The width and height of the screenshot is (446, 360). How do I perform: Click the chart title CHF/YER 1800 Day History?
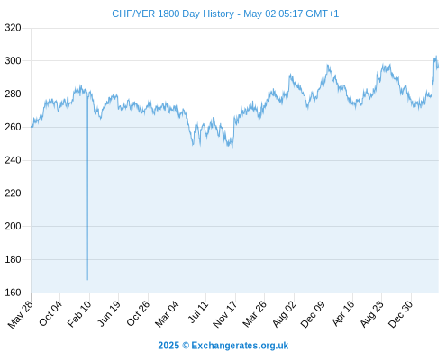coord(173,13)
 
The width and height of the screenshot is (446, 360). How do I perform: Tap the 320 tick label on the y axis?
coord(13,28)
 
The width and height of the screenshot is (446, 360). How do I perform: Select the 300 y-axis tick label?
coord(13,61)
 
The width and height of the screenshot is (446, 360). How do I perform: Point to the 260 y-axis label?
coord(13,127)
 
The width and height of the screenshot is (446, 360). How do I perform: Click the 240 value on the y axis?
coord(13,160)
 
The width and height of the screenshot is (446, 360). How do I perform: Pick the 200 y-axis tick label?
coord(13,226)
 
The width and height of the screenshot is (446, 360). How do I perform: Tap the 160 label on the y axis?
coord(13,292)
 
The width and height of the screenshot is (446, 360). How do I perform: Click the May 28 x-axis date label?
coord(21,314)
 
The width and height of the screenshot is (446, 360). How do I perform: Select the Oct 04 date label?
coord(50,313)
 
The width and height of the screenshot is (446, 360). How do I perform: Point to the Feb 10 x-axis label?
coord(78,314)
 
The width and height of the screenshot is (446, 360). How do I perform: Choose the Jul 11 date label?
coord(198,312)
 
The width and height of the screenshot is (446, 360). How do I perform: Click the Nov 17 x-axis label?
coord(224,314)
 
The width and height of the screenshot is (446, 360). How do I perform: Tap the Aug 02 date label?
coord(284,314)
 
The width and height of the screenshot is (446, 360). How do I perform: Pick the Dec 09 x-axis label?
coord(313,314)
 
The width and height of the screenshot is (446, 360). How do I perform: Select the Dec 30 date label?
coord(400,314)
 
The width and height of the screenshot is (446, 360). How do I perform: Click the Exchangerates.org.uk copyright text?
coord(240,346)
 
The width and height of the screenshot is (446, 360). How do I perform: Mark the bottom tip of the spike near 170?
coord(87,280)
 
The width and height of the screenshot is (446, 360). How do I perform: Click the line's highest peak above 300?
coord(436,56)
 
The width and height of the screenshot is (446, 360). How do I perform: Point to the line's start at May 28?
coord(32,127)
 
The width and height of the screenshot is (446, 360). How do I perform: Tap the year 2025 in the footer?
coord(168,346)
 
